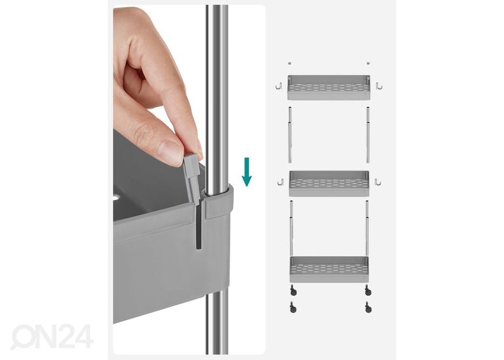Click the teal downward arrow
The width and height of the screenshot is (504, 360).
tap(246, 172)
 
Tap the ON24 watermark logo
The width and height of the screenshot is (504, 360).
tap(52, 336)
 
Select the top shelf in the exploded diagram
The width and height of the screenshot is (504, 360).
tap(329, 87)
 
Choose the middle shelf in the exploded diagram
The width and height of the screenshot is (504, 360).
tap(329, 183)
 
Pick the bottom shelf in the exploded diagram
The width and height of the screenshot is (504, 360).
tap(329, 269)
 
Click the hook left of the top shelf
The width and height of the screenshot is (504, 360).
tap(279, 86)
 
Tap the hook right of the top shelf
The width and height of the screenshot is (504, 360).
tap(379, 86)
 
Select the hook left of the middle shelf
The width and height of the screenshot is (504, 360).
tap(281, 182)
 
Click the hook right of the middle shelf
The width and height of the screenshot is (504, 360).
tap(377, 182)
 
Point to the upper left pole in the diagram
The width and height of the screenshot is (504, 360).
tap(290, 135)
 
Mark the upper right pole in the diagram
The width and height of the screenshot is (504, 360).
tap(368, 135)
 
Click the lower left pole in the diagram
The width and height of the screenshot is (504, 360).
tap(291, 228)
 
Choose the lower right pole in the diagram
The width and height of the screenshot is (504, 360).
tap(367, 228)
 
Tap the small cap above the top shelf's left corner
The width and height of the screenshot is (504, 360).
tap(290, 63)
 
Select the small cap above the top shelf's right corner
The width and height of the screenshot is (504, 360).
tap(368, 63)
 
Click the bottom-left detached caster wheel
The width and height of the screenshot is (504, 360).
tap(293, 307)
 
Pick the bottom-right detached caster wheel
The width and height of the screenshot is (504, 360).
tap(368, 307)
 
